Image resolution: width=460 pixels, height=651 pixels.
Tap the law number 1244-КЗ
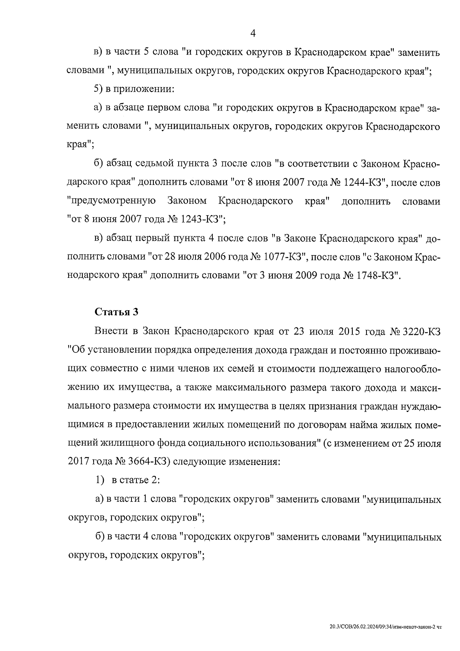pyautogui.click(x=365, y=183)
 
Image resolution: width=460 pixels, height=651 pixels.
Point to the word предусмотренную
pyautogui.click(x=112, y=201)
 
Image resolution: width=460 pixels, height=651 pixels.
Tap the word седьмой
pyautogui.click(x=152, y=164)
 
